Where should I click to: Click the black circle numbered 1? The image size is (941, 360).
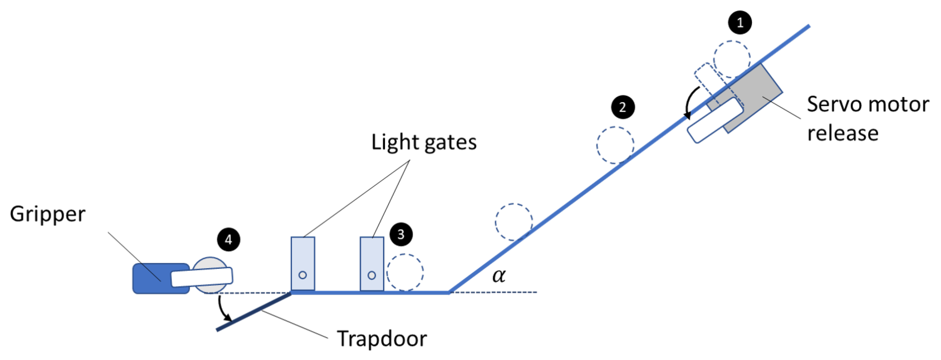(x=740, y=23)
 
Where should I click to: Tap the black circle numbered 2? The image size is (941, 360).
(x=623, y=107)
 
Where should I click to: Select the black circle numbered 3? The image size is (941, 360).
(x=401, y=234)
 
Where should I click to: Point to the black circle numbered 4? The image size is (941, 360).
(x=228, y=240)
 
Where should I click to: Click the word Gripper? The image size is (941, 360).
(x=48, y=214)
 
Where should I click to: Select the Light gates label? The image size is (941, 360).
(x=424, y=142)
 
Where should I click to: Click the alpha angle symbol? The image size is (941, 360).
(x=499, y=275)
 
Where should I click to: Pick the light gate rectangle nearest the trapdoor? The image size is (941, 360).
(x=303, y=264)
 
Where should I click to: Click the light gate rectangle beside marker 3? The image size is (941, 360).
(x=372, y=264)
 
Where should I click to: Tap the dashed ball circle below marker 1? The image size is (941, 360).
(x=732, y=59)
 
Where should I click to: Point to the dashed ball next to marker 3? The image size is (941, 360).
(x=405, y=272)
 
